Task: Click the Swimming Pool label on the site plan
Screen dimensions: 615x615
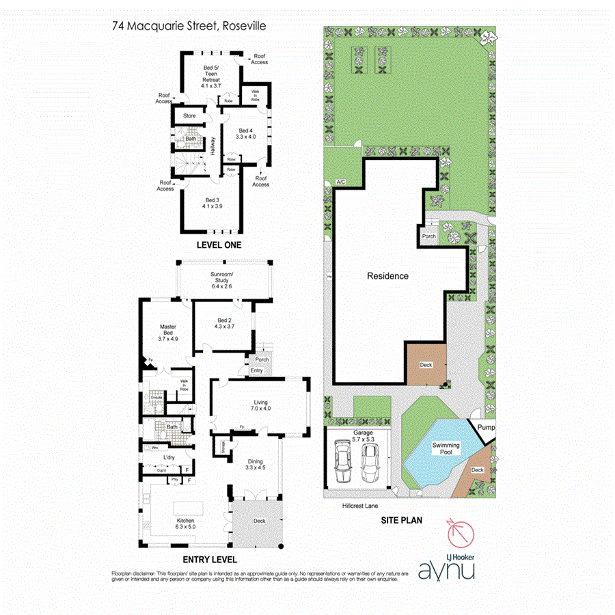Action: point(446,449)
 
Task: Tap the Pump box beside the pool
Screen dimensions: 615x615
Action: point(486,428)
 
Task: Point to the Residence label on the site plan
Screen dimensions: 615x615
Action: point(388,276)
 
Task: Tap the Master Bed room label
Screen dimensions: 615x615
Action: point(168,332)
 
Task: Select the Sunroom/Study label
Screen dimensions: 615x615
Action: point(223,280)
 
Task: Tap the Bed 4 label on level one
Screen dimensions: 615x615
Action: point(245,133)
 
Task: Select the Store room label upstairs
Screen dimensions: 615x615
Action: point(189,116)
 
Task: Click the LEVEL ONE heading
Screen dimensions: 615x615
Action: point(219,245)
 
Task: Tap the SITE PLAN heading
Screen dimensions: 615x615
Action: point(400,521)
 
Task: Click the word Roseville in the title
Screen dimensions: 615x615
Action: point(243,27)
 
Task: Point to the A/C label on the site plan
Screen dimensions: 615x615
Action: point(340,182)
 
